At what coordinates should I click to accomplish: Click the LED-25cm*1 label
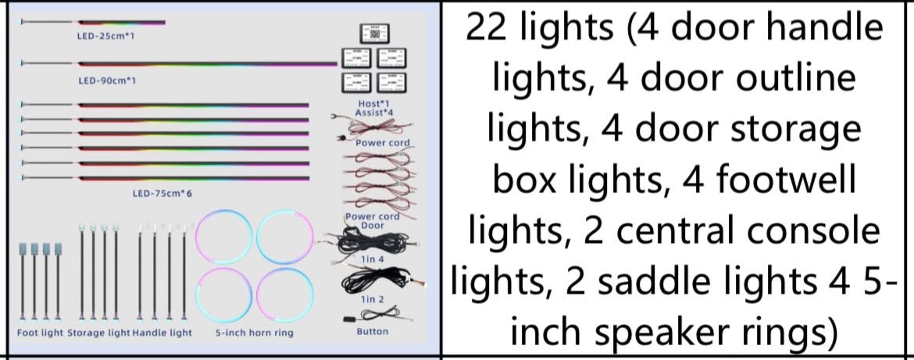coord(106,36)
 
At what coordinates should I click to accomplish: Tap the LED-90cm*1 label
coord(106,80)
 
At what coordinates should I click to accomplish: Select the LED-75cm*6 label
coord(162,193)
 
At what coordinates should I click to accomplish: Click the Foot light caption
coord(40,333)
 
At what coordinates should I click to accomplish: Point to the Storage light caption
coord(98,333)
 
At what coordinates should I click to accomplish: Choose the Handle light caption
coord(162,333)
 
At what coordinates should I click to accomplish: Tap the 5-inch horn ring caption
coord(254,333)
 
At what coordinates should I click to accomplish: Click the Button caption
coord(372,331)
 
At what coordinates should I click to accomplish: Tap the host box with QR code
coord(374,34)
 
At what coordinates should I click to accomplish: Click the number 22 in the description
coord(488,27)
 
